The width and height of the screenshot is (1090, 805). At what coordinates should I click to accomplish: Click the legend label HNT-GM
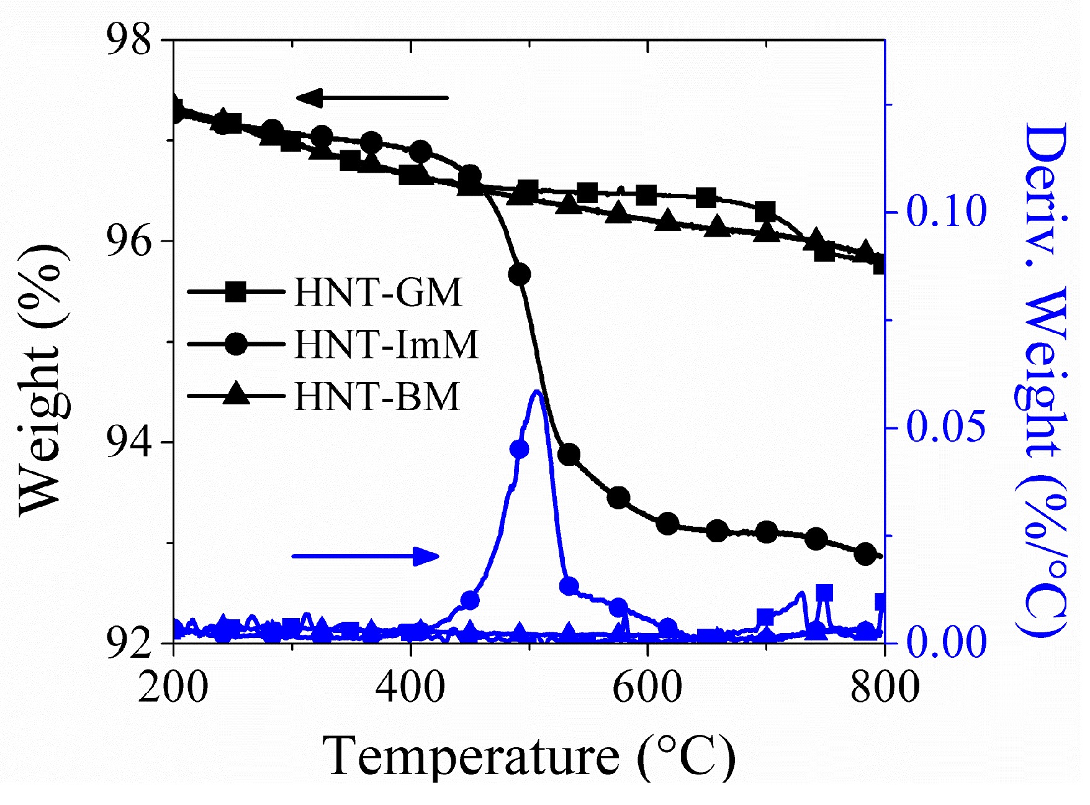pos(378,292)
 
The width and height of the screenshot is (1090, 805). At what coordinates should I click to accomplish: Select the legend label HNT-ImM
pos(386,344)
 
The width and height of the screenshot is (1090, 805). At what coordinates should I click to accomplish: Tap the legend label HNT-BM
pos(377,396)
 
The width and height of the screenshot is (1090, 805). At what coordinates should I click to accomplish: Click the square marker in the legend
pos(236,291)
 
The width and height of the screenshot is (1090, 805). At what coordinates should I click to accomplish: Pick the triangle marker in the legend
pos(236,394)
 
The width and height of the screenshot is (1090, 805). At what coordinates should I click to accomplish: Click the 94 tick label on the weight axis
pos(129,442)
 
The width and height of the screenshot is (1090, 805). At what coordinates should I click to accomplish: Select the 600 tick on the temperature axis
pos(647,688)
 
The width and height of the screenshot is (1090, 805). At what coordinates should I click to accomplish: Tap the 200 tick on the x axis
pos(173,688)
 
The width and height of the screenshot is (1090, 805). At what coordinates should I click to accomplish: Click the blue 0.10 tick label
pos(946,211)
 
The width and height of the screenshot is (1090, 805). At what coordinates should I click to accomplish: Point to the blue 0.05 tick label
pos(946,427)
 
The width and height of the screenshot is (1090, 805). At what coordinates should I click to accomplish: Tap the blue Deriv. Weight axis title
pos(1043,379)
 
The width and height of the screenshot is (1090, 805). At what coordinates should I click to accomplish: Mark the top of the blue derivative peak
pos(537,391)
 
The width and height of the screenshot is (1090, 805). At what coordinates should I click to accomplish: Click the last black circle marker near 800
pos(866,554)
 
